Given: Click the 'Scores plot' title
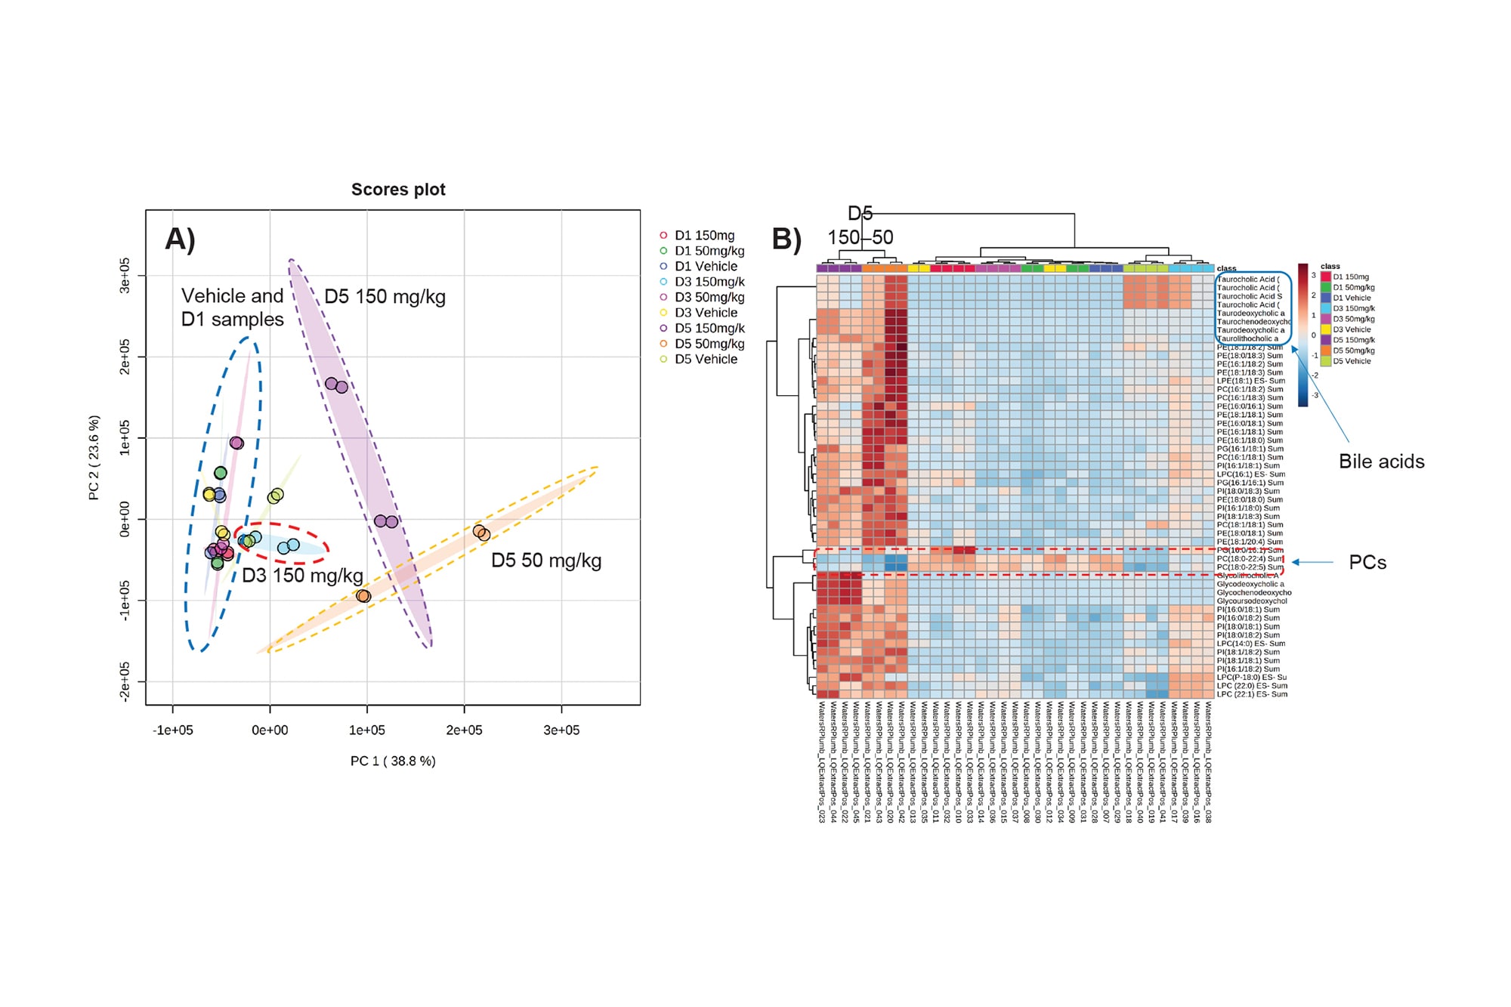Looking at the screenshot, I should coord(398,190).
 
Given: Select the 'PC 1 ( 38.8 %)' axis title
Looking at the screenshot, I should coord(393,761).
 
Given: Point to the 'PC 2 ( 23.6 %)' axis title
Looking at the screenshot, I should coord(94,458).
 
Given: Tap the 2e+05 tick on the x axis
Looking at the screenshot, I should coord(464,730).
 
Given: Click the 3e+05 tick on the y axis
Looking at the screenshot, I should coord(125,276).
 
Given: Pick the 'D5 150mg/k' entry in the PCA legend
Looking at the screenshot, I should coord(709,328).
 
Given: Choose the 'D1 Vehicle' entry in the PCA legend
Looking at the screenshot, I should coord(706,266).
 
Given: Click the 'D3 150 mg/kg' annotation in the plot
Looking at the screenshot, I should coord(302,576).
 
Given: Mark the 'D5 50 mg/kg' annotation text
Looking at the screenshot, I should coord(546,561).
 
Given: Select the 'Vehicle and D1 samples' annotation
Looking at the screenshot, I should coord(233,307).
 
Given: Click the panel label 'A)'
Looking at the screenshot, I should coord(181,239).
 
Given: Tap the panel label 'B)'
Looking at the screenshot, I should coord(786,239).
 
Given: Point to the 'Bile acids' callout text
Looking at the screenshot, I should coord(1381,462).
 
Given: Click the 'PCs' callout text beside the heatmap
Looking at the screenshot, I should coord(1367,563).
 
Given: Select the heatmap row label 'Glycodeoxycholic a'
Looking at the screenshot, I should coord(1250,584).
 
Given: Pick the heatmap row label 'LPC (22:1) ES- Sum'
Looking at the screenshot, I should coord(1252,694).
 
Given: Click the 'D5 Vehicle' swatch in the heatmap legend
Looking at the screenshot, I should coord(1326,361).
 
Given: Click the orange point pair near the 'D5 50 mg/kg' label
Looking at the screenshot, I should coord(481,533).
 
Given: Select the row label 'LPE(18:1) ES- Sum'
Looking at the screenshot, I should coord(1250,381).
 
